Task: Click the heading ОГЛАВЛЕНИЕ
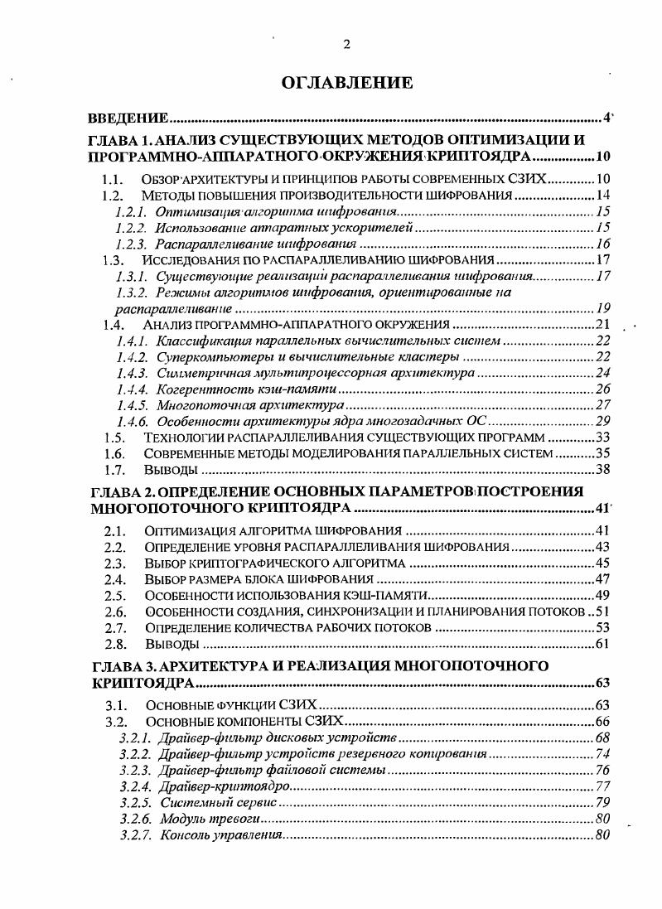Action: coord(346,82)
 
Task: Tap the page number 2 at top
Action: coord(346,45)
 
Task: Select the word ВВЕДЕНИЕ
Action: coord(129,118)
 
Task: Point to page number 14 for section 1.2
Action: coord(602,196)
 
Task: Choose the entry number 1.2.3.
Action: coord(131,244)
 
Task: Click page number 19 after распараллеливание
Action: coord(602,307)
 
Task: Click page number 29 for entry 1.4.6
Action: coord(602,421)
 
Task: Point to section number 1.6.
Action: coord(114,453)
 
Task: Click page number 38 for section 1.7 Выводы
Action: coord(602,470)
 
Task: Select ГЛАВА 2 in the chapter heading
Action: coord(120,491)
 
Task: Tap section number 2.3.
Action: coord(114,563)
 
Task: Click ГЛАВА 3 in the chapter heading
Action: coord(120,665)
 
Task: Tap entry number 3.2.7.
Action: coord(133,834)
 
